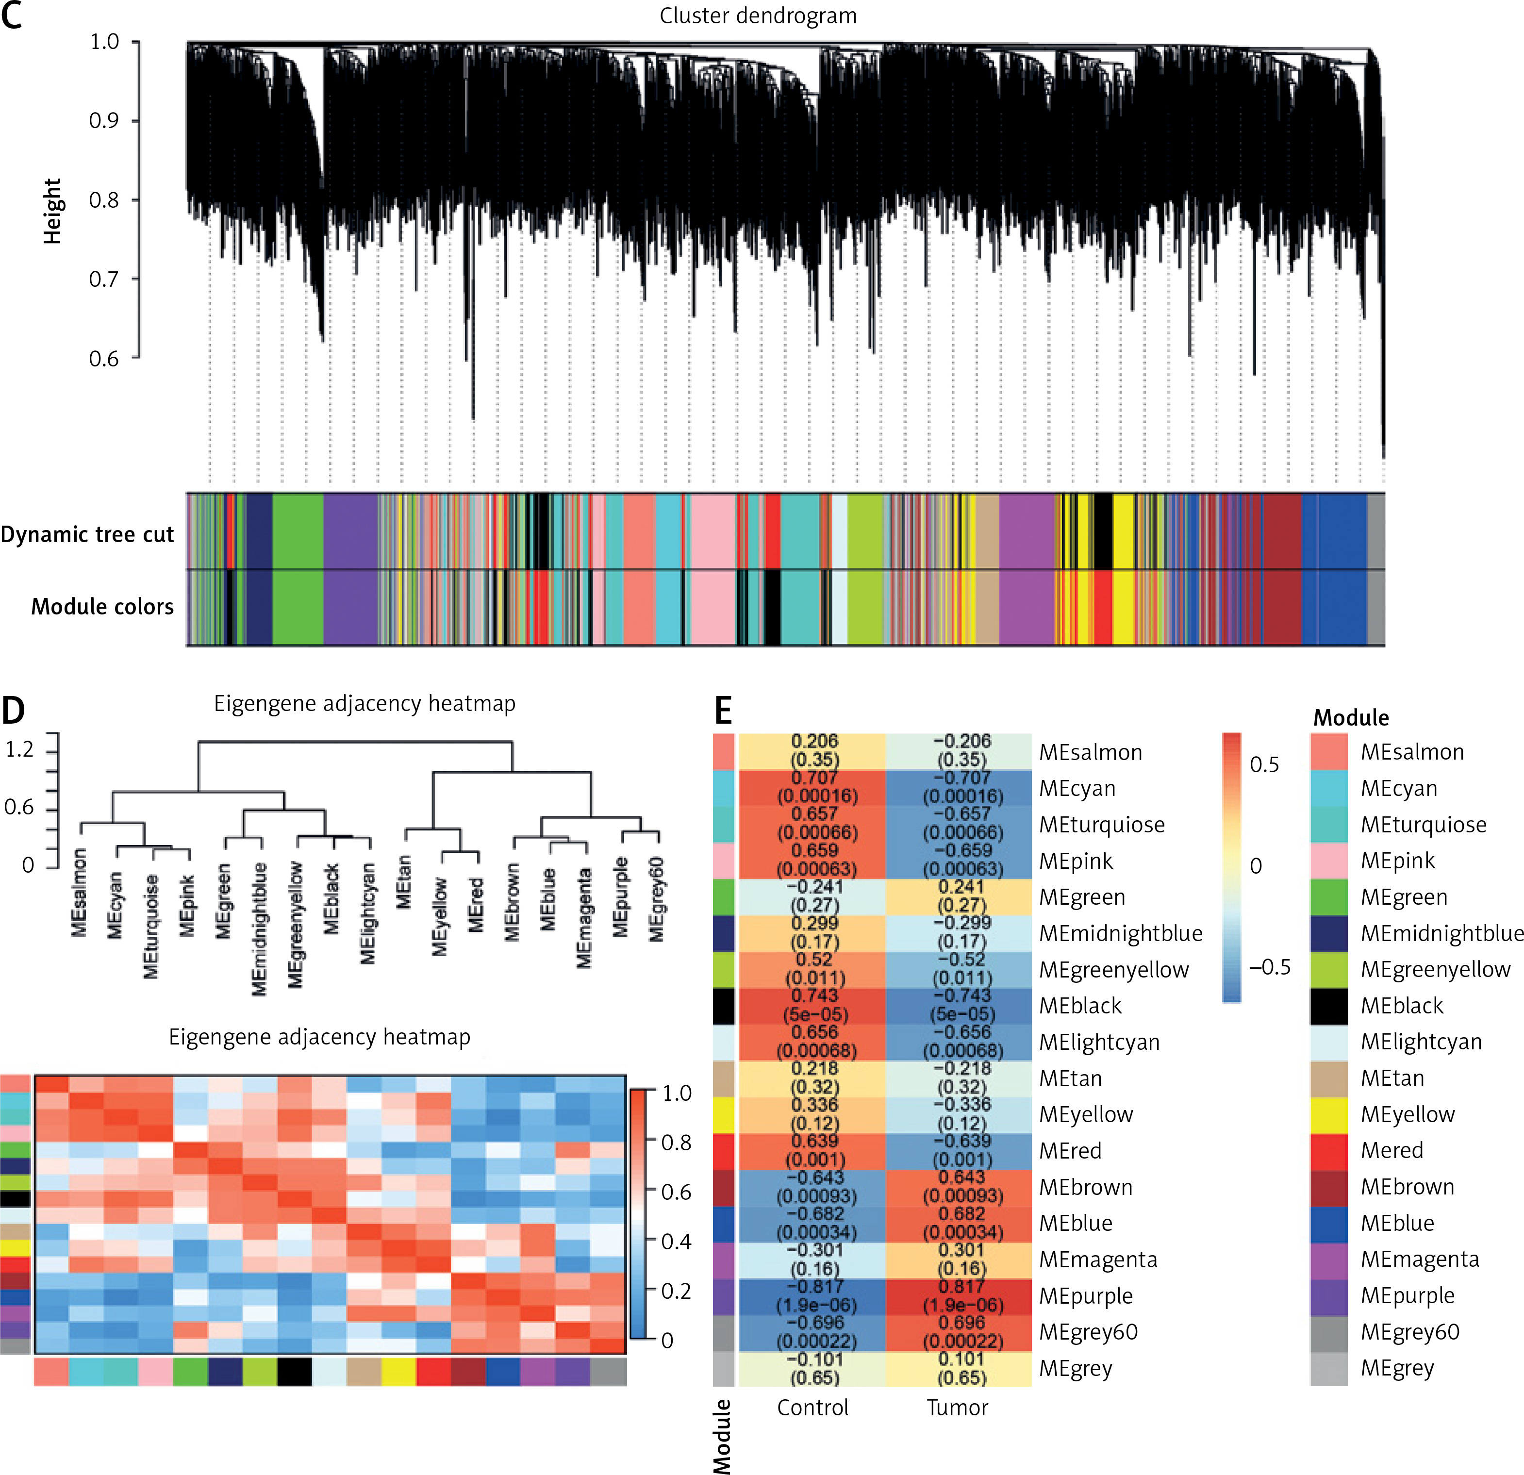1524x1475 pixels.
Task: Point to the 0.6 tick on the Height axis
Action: pyautogui.click(x=104, y=359)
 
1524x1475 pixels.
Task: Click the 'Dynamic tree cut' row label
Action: pyautogui.click(x=87, y=535)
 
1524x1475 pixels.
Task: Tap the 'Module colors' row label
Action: pyautogui.click(x=102, y=607)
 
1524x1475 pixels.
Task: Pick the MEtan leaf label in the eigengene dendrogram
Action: pyautogui.click(x=403, y=882)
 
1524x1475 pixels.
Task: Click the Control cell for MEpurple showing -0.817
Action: pyautogui.click(x=812, y=1296)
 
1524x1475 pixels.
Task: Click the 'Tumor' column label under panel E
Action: pyautogui.click(x=957, y=1408)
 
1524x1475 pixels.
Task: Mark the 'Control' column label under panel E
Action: pyautogui.click(x=812, y=1408)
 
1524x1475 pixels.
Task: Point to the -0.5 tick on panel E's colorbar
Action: pyautogui.click(x=1269, y=967)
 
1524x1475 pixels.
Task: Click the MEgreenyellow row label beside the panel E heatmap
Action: pyautogui.click(x=1113, y=970)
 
